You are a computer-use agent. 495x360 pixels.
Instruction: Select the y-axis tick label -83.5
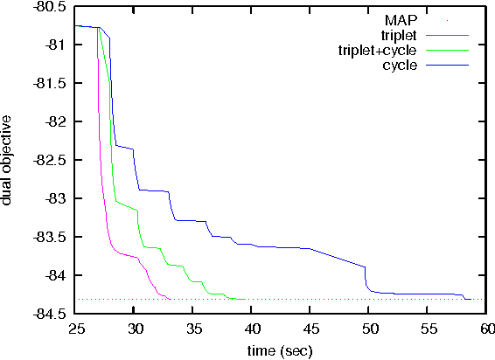(49, 237)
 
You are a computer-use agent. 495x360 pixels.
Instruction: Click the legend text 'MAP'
(400, 19)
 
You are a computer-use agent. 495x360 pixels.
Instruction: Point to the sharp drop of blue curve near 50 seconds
(366, 279)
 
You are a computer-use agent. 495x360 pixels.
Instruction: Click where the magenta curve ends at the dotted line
(169, 299)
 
